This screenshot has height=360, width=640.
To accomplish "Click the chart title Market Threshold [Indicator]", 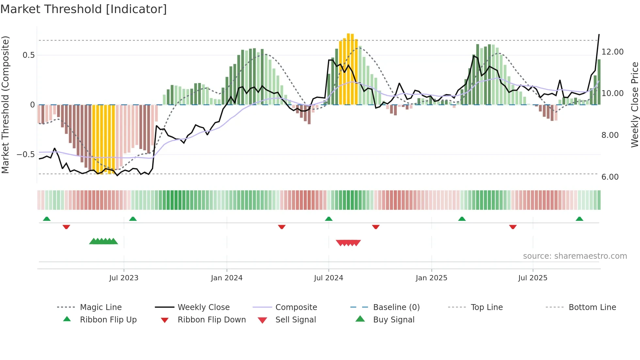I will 84,9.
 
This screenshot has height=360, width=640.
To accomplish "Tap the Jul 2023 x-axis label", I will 124,278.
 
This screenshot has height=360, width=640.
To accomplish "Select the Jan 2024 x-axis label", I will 227,278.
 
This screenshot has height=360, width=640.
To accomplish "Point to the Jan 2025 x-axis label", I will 431,278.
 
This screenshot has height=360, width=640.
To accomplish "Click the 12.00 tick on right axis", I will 612,52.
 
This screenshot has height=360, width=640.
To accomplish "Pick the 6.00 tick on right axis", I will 610,177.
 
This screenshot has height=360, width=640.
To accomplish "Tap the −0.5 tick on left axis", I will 25,155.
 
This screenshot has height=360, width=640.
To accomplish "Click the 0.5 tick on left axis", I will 28,55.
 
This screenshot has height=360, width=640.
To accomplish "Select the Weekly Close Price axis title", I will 634,105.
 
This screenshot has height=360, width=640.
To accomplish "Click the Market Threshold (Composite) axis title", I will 5,105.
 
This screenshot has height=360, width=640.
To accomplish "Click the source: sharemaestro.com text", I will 575,256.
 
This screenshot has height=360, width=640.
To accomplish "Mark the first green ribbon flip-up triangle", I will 47,219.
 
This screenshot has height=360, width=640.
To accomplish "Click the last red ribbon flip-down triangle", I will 513,227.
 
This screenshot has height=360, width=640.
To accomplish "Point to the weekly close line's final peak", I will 599,34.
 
